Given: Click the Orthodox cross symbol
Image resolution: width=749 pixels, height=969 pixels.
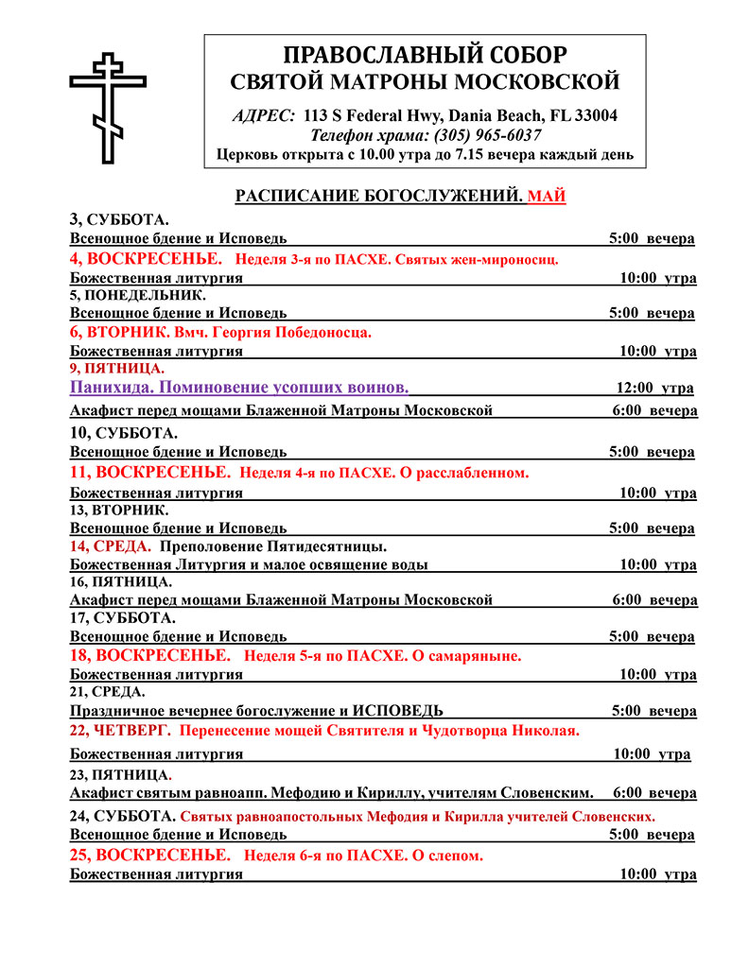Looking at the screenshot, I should (x=109, y=108).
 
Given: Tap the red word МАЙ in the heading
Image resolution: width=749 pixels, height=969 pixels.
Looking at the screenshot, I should (x=547, y=196).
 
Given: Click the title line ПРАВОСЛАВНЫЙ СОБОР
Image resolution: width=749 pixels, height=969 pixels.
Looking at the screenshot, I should (x=426, y=54).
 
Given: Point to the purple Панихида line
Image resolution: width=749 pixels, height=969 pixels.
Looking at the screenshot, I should (x=239, y=388).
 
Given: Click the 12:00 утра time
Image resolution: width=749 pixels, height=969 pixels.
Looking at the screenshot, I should (x=654, y=388).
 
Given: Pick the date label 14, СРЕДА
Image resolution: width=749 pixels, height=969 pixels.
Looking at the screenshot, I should (x=111, y=546).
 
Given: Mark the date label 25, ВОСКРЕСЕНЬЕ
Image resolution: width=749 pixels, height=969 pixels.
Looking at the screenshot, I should (x=149, y=855).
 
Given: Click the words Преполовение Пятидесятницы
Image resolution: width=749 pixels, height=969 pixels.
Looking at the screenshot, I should (x=273, y=546).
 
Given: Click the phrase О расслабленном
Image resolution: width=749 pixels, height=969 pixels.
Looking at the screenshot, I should (x=467, y=472).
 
